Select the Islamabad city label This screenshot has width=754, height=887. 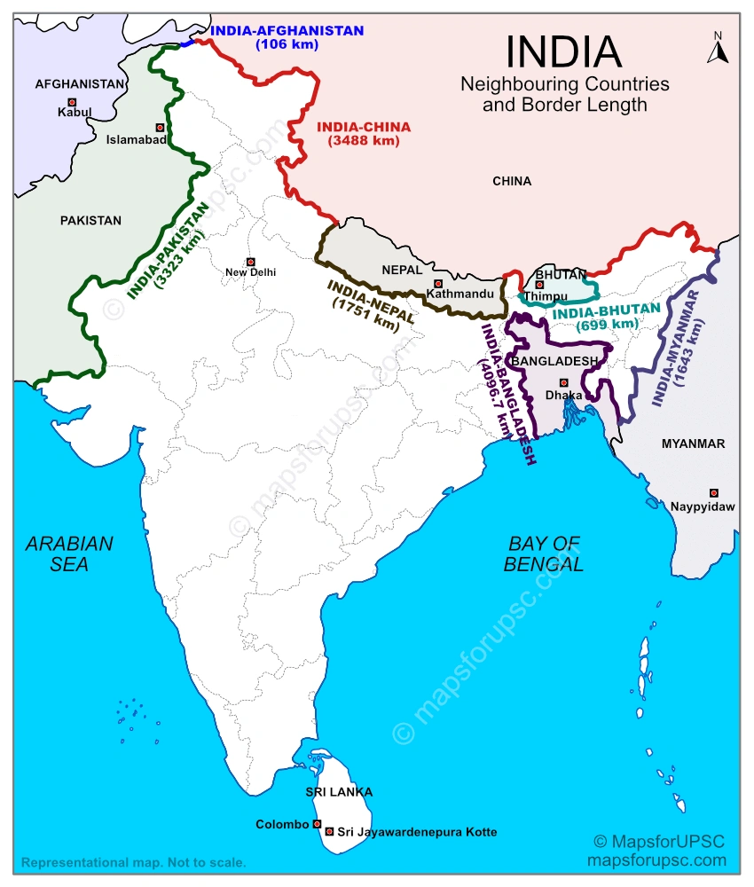136,139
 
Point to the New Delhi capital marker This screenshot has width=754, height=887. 250,262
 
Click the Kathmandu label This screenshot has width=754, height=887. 459,293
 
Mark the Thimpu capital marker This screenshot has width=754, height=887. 539,285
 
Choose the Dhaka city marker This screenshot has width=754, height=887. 562,382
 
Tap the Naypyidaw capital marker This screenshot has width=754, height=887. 713,492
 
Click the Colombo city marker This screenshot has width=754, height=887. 317,824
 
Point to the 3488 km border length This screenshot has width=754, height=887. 363,140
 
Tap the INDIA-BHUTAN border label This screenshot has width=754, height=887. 607,310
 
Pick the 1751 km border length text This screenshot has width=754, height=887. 365,316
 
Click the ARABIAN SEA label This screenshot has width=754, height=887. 69,553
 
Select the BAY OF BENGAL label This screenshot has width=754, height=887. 544,553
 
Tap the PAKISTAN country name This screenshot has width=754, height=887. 90,220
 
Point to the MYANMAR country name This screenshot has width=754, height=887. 693,443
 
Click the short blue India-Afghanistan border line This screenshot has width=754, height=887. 187,42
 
